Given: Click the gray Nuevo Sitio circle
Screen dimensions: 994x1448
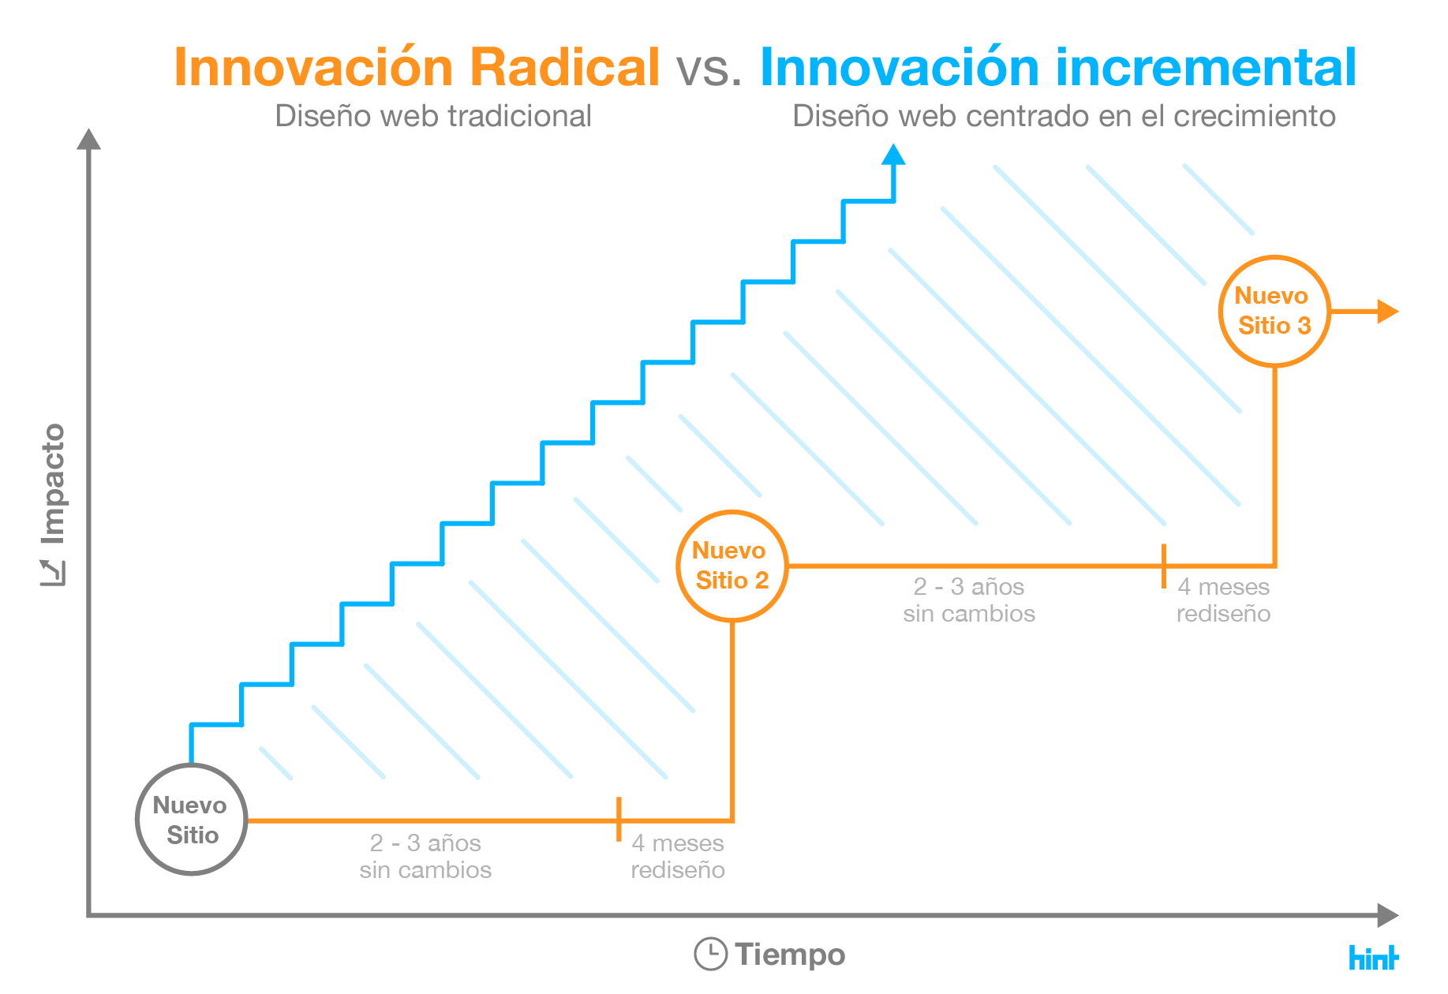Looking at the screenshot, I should tap(192, 820).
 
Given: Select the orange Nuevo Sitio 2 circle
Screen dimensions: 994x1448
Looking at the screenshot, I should tap(732, 566).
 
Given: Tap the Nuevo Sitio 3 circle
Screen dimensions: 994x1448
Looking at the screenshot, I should tap(1274, 312).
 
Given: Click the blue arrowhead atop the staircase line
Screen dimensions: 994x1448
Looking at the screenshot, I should tap(893, 155).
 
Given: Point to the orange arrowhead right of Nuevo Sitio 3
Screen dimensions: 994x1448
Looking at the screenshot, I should tap(1387, 312).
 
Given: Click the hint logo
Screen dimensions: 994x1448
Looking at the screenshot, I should tap(1373, 957).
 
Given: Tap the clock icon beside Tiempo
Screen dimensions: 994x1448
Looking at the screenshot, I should tap(710, 954).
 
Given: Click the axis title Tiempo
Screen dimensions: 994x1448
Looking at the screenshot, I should tap(790, 955).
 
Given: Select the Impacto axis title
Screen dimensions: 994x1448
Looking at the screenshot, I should tap(54, 483).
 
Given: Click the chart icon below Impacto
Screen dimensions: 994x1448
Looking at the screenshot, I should tap(54, 573).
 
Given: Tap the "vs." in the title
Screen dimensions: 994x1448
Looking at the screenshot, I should tap(709, 69).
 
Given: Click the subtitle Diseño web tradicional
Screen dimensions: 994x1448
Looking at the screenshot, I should tap(433, 117).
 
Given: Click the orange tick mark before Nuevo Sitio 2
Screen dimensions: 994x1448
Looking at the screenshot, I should tap(619, 819).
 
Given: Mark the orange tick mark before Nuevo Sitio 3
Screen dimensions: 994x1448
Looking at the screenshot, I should tap(1164, 566).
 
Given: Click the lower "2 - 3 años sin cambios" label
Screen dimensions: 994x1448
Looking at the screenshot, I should tap(425, 856).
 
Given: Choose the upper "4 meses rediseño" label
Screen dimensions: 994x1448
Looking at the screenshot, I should tap(1223, 600).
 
